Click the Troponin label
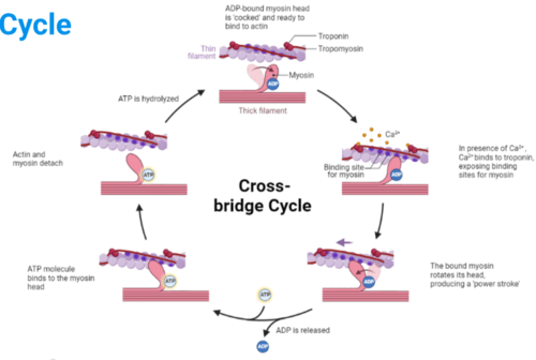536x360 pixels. click(333, 36)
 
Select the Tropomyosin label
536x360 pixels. click(340, 49)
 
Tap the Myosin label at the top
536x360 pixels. click(301, 75)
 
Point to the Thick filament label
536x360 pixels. click(262, 111)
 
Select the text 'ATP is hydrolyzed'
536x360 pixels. click(148, 99)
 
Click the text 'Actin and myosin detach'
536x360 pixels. click(37, 159)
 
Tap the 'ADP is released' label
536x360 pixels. click(303, 330)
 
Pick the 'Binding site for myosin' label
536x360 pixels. click(344, 171)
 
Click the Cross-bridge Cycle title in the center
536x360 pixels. click(262, 196)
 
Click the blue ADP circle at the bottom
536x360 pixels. click(263, 347)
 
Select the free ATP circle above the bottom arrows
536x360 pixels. click(265, 295)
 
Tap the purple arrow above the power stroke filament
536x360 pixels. click(344, 243)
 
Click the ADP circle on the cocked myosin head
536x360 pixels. click(273, 84)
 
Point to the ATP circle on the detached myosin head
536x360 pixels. click(148, 175)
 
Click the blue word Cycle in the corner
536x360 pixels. click(35, 25)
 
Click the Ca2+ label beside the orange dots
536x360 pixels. click(392, 134)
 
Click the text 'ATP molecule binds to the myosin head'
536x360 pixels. click(60, 278)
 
